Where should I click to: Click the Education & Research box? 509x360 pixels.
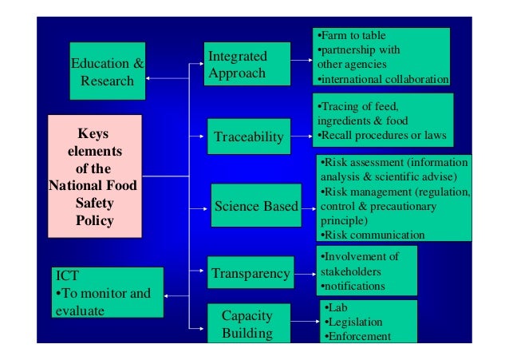pos(108,71)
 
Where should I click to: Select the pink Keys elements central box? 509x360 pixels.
pos(94,176)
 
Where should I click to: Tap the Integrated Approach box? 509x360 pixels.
pos(237,65)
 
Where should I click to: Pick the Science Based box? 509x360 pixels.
pos(255,208)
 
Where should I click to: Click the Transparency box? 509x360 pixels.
pos(251,275)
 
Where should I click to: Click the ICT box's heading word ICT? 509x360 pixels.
pos(67,278)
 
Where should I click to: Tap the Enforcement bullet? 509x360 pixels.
pos(357,336)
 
